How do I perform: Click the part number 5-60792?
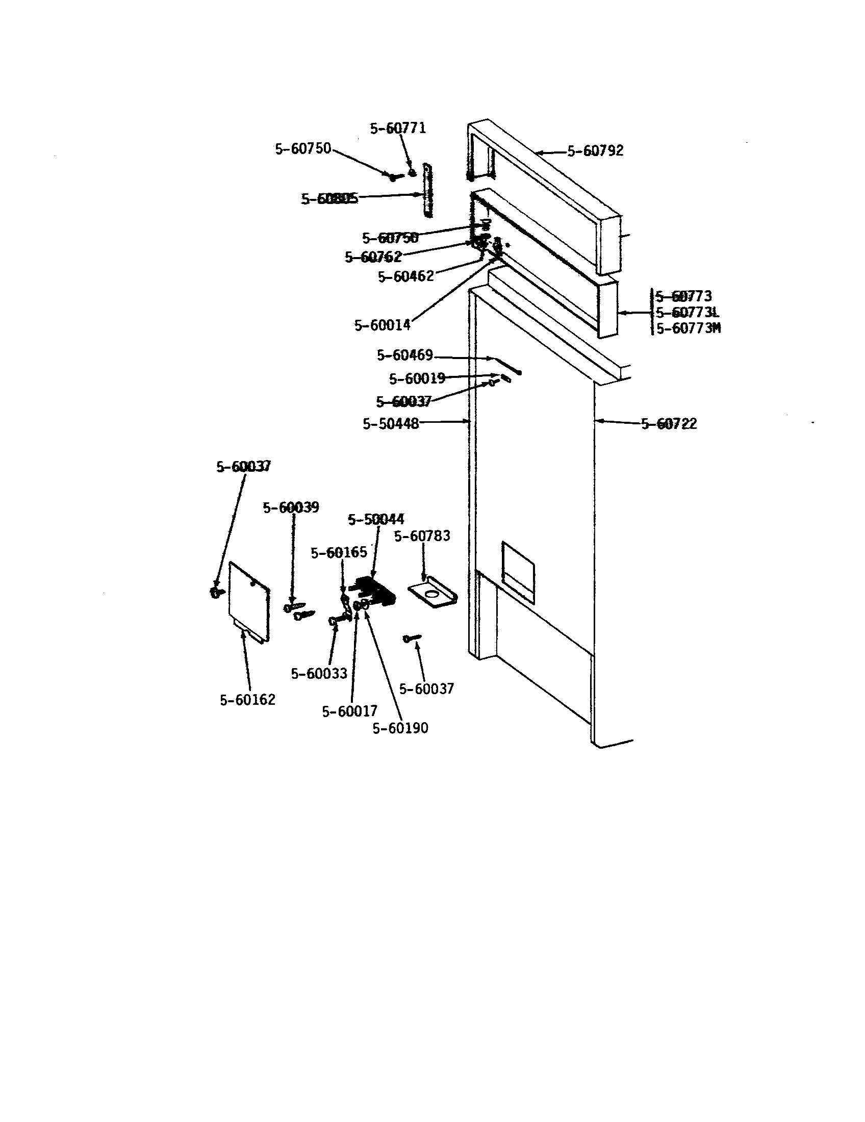(x=595, y=151)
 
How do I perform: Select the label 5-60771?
(x=398, y=129)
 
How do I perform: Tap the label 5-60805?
(x=329, y=199)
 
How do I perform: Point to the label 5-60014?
(x=382, y=325)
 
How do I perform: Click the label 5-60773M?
(x=689, y=328)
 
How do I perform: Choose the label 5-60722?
(x=669, y=424)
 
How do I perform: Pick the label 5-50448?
(x=390, y=424)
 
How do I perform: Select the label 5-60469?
(x=405, y=355)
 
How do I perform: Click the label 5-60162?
(x=247, y=700)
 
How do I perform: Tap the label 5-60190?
(x=400, y=728)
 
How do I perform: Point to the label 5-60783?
(x=422, y=537)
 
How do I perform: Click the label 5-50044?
(x=376, y=519)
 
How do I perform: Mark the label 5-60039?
(x=291, y=507)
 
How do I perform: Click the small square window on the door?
(x=518, y=571)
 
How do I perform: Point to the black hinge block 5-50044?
(x=376, y=591)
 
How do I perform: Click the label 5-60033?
(x=319, y=674)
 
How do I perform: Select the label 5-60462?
(x=406, y=277)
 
